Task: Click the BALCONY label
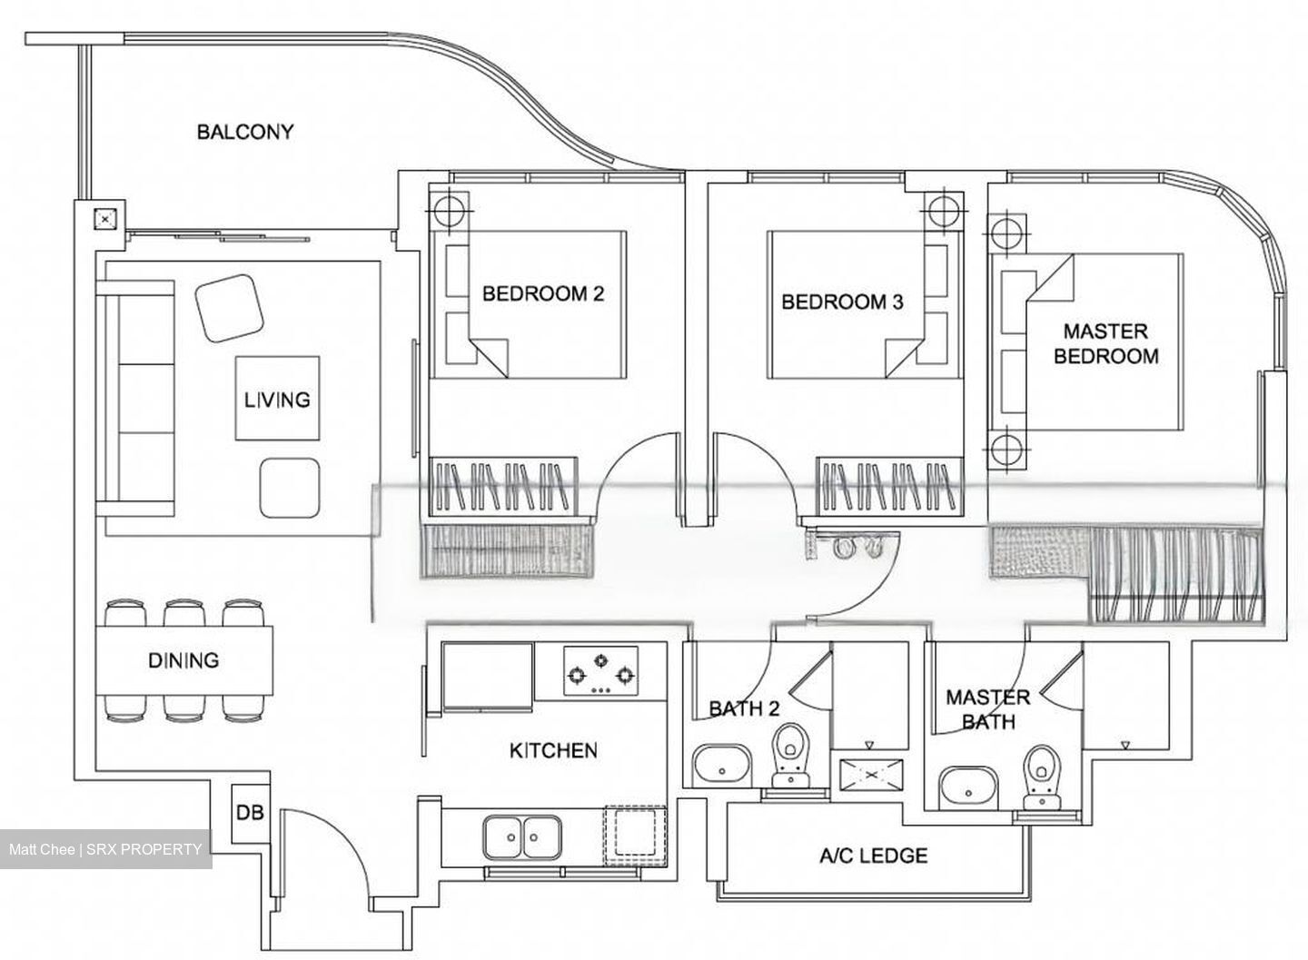(x=245, y=132)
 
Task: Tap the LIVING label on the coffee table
(x=277, y=399)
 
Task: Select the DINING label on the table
(x=183, y=660)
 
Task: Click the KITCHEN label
(x=553, y=750)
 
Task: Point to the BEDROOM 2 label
(x=543, y=293)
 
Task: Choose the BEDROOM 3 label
(x=842, y=302)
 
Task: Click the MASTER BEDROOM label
(x=1105, y=343)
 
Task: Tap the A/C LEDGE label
(x=873, y=856)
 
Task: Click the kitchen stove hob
(x=599, y=672)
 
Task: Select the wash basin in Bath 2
(x=721, y=765)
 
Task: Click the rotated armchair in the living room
(x=231, y=308)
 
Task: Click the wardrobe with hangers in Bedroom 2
(x=501, y=485)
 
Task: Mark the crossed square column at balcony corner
(x=106, y=219)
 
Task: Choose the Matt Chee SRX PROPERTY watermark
(x=105, y=849)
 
